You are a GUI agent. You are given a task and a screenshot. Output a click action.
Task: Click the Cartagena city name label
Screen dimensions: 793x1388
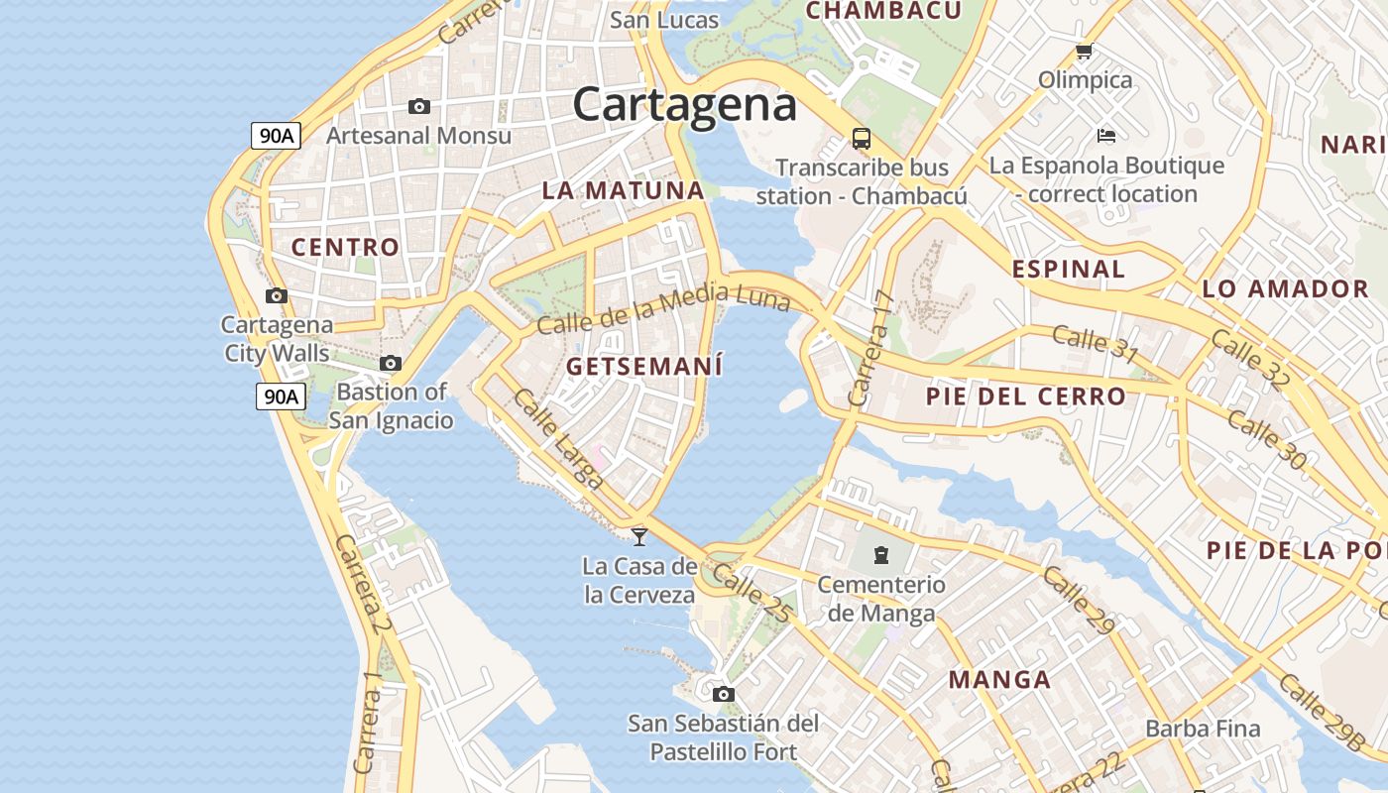click(684, 104)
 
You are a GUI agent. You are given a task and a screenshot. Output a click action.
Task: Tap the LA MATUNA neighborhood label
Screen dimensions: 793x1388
click(623, 190)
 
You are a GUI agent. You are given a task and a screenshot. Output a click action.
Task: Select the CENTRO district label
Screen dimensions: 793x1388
click(345, 247)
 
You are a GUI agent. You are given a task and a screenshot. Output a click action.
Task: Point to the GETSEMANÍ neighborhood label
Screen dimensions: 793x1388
click(644, 366)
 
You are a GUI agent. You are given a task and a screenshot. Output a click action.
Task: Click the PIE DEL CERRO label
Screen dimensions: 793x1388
click(1025, 396)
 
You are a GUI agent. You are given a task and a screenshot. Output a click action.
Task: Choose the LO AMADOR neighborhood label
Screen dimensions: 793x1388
click(1285, 289)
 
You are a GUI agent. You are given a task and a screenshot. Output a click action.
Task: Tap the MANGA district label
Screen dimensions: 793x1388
click(999, 680)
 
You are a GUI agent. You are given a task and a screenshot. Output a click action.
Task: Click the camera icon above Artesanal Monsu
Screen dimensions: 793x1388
click(419, 106)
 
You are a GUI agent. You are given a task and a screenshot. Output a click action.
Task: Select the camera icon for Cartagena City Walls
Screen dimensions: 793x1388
click(277, 295)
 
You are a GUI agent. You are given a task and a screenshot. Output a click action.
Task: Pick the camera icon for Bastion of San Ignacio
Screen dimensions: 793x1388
click(391, 364)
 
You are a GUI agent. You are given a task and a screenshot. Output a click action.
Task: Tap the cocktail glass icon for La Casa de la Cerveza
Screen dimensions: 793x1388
click(639, 536)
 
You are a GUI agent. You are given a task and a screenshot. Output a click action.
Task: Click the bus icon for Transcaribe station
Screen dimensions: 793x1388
click(861, 138)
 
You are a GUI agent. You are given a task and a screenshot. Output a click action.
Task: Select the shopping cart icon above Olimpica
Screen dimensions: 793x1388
click(1084, 51)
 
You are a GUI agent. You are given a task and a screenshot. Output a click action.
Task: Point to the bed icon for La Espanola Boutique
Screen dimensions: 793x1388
click(1106, 135)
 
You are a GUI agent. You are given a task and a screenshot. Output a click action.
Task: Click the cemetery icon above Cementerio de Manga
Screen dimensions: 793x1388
click(881, 554)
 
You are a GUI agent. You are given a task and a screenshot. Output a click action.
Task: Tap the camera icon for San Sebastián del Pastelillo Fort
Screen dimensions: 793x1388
click(724, 694)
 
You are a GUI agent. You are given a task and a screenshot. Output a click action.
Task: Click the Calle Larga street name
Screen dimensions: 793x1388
click(558, 439)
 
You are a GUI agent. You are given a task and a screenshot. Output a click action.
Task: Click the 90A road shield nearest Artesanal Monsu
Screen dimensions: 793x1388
click(276, 136)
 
